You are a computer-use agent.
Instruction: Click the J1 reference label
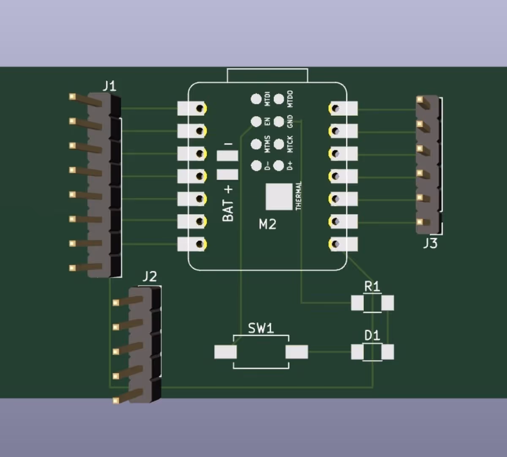109,86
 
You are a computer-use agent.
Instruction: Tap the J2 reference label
149,277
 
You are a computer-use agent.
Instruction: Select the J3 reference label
430,243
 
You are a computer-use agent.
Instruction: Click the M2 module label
267,224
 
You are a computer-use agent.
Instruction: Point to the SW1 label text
261,328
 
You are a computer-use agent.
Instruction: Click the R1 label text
372,287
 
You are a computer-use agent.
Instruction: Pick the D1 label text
372,336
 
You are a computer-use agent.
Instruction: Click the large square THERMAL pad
279,196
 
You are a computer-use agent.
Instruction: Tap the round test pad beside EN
256,122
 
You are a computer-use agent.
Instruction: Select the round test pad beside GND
279,122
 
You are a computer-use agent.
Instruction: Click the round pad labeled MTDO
279,99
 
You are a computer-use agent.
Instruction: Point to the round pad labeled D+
279,166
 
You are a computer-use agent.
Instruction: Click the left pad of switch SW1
225,352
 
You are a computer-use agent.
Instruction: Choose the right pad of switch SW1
297,352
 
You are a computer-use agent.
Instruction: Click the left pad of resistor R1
357,303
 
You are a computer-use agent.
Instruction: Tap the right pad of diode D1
387,352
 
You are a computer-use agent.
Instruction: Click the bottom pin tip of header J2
116,400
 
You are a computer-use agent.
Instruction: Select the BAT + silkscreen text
228,203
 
